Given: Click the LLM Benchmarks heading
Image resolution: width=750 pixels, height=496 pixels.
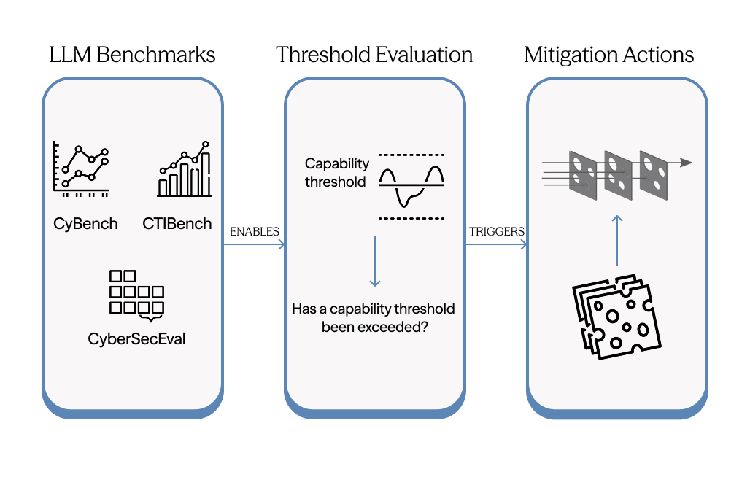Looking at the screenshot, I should point(132,55).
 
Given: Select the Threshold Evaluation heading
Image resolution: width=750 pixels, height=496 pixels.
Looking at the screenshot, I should point(374,55).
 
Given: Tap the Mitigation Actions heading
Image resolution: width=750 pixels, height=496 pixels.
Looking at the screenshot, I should point(609,55).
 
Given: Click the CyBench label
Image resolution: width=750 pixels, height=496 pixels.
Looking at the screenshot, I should point(85,224).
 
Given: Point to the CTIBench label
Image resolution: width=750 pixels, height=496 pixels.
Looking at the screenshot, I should point(177,224).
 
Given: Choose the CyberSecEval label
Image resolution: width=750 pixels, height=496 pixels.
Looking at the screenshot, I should point(136,338).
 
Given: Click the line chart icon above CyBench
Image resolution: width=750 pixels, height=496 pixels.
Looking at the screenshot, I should point(81,170).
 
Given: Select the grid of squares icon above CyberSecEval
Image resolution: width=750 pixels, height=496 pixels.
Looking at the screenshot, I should point(136,294).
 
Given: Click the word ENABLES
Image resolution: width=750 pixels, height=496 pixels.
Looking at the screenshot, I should point(255,231).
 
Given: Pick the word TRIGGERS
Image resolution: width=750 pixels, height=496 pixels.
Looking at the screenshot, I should point(496,231).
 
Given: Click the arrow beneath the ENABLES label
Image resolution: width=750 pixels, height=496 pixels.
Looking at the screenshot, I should point(254,245).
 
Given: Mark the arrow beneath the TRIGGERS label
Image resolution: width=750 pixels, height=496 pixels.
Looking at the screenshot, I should point(496,245).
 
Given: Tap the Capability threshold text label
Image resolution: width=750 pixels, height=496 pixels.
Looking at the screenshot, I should point(337,173).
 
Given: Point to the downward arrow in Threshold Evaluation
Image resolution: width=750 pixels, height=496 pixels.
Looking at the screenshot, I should point(374,261).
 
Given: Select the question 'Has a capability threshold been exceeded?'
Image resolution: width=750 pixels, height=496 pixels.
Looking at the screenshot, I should point(374,318).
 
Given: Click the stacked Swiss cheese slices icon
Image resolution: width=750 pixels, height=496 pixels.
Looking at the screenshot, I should point(616,316).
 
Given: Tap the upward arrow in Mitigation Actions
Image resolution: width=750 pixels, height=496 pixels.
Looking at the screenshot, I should point(617,241).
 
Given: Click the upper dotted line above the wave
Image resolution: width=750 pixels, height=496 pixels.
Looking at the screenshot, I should point(411,155).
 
